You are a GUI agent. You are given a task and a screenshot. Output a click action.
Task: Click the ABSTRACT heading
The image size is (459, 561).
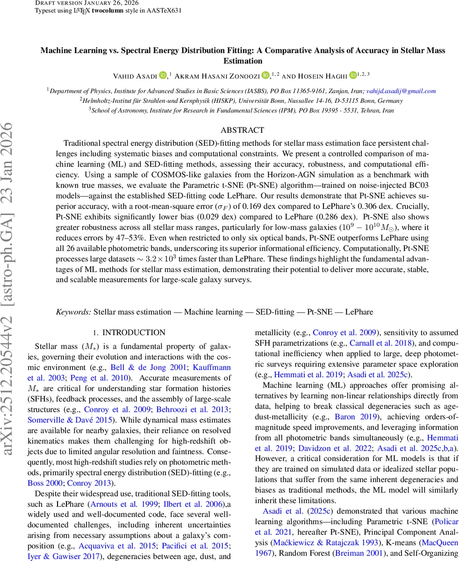(x=242, y=130)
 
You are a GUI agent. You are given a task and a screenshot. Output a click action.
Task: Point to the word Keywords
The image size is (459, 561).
(x=73, y=312)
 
